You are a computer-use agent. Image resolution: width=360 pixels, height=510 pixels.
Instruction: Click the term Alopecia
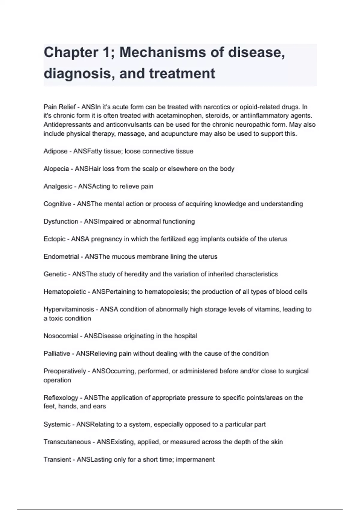(56, 169)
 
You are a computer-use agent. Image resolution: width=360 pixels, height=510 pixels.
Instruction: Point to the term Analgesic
(58, 186)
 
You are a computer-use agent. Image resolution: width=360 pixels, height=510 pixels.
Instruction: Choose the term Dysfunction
(61, 221)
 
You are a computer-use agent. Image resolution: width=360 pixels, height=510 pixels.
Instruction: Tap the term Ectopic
(54, 239)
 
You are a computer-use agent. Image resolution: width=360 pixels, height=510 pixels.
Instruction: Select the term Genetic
(55, 274)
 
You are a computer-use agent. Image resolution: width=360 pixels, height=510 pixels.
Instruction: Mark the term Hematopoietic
(65, 292)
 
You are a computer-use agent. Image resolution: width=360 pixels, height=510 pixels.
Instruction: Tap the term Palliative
(57, 353)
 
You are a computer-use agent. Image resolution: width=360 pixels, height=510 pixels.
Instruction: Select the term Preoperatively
(65, 371)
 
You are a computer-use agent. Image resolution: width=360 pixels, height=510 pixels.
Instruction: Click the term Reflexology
(61, 398)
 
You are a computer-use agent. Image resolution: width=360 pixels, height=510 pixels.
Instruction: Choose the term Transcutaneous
(67, 442)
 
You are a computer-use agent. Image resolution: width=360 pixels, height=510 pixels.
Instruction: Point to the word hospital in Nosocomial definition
(185, 336)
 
